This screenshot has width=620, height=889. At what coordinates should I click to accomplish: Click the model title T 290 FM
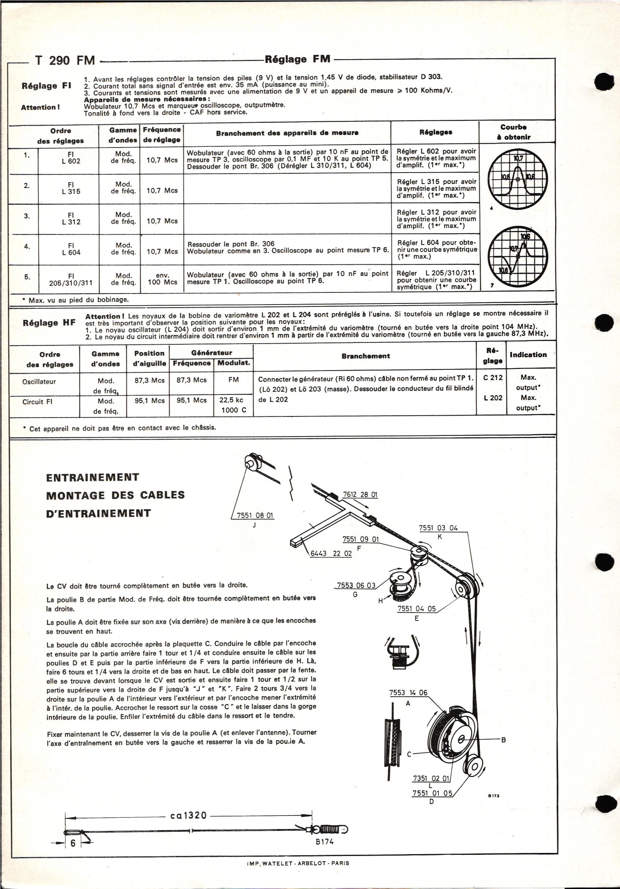(x=65, y=60)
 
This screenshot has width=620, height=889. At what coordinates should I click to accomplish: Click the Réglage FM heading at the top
(x=297, y=59)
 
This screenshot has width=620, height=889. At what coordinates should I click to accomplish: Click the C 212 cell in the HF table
(x=493, y=377)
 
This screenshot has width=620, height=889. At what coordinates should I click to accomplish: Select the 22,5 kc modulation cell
(x=231, y=401)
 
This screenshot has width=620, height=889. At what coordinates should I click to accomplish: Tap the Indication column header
(x=528, y=355)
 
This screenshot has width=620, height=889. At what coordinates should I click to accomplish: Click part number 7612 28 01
(x=360, y=495)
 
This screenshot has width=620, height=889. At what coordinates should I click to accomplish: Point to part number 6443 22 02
(x=331, y=553)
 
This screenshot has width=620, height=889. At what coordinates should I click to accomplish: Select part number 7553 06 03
(x=356, y=585)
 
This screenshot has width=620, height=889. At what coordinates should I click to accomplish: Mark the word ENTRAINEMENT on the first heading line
(x=93, y=477)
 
